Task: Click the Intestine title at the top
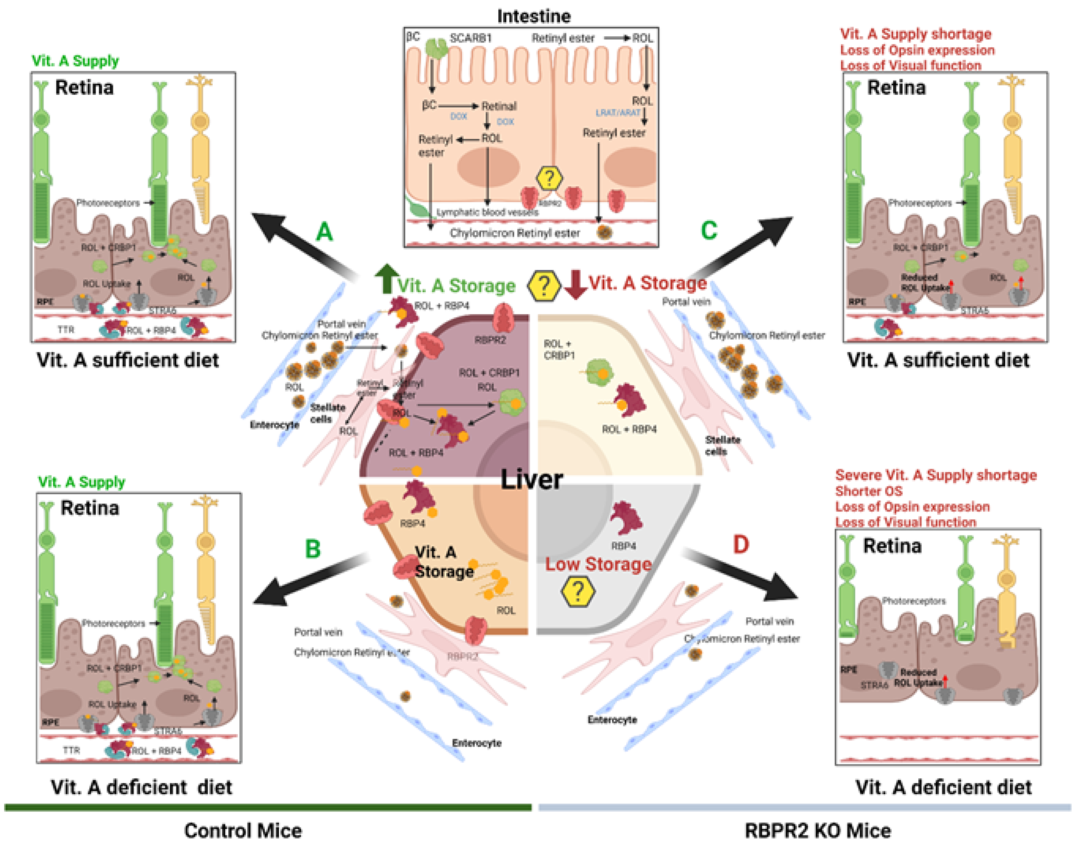point(534,16)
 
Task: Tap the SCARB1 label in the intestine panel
point(470,38)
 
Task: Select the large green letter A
point(325,232)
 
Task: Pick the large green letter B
point(312,549)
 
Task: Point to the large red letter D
point(741,544)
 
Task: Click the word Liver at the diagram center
point(532,479)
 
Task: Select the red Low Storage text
point(598,564)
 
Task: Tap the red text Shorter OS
point(869,491)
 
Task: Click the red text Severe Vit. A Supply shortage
point(936,475)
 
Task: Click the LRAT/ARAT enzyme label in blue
point(618,113)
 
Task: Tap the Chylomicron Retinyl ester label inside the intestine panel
point(515,233)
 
